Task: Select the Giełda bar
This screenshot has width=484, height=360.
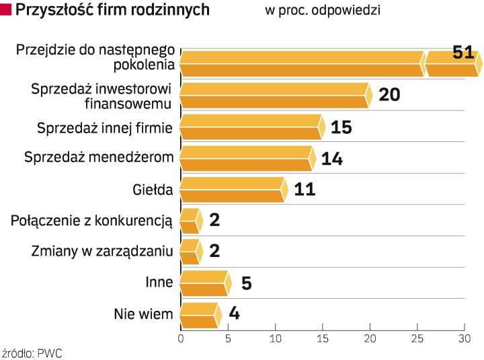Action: click(233, 190)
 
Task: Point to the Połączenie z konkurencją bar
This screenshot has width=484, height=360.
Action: click(190, 221)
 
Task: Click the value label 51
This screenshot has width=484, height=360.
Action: click(463, 53)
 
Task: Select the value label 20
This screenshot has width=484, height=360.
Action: click(389, 95)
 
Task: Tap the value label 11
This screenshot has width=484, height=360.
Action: click(305, 189)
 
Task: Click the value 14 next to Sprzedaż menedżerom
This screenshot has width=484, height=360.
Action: click(332, 159)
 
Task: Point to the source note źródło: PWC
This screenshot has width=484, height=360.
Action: click(32, 352)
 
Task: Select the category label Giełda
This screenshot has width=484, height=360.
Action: click(153, 190)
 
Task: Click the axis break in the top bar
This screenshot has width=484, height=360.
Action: click(424, 63)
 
